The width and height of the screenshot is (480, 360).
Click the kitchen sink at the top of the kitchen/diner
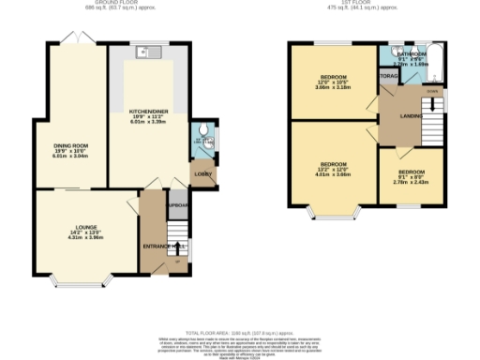click(x=142, y=52)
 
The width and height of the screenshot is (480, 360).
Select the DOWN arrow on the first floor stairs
click(x=431, y=92)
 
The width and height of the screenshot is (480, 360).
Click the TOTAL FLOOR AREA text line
click(x=240, y=332)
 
